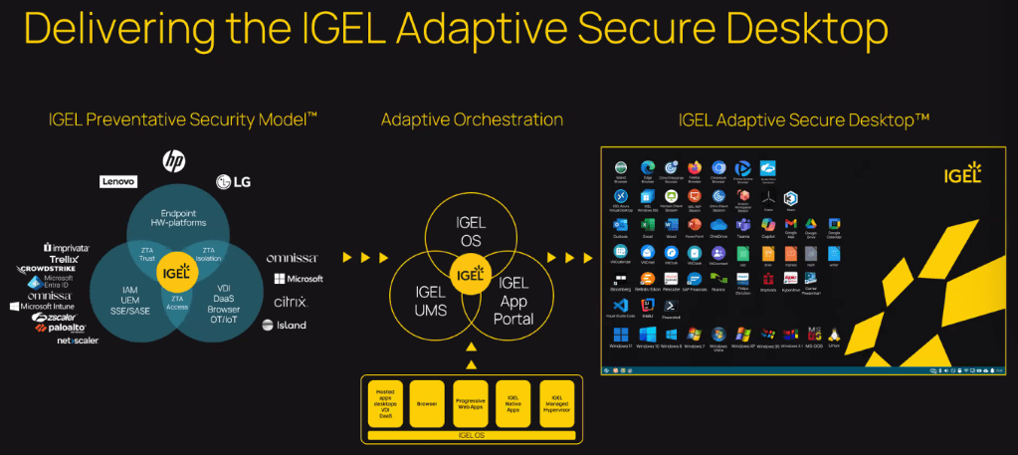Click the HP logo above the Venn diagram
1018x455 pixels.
coord(174,159)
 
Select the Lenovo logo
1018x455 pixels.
coord(117,181)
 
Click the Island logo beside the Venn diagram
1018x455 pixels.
coord(285,325)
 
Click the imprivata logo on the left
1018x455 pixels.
coord(67,247)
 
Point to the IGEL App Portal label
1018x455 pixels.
coord(514,302)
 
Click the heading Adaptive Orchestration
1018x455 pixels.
coord(472,120)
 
